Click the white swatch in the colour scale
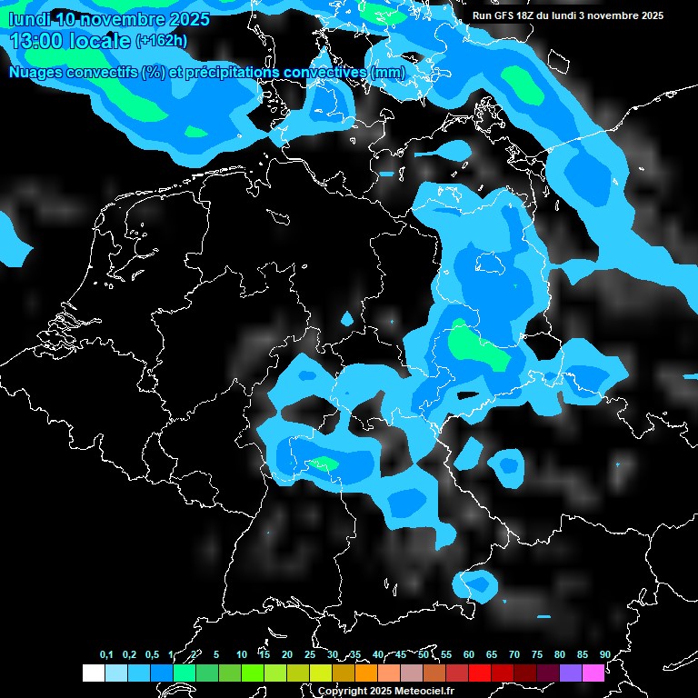94,673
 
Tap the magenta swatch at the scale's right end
593,673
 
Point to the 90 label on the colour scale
605,654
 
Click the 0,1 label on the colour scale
106,654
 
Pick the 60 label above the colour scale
469,654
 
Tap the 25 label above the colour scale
310,654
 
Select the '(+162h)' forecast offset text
162,41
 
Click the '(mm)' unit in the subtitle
388,72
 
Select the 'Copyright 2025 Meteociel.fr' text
386,691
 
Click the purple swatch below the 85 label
570,673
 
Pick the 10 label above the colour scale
242,654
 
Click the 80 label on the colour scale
560,654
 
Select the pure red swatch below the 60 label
479,673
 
